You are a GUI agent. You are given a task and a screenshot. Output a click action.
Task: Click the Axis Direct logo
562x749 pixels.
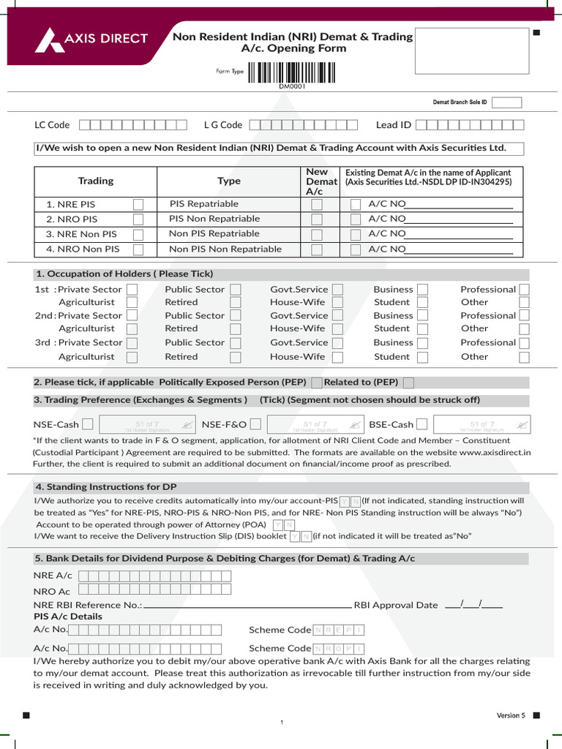(x=91, y=39)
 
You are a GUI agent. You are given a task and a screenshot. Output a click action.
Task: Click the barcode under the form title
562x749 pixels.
(x=291, y=72)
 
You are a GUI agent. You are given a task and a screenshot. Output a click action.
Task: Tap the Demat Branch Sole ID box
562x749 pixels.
(x=511, y=102)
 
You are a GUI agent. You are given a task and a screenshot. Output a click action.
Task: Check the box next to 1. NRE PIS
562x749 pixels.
(x=138, y=204)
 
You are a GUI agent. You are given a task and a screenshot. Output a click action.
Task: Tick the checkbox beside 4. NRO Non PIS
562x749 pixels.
(x=138, y=249)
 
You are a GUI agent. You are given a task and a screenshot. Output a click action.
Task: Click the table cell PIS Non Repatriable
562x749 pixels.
(x=214, y=219)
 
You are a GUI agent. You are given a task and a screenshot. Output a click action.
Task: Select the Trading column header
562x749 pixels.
(x=96, y=181)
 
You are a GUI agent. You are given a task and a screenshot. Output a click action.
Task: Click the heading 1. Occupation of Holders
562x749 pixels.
(x=124, y=274)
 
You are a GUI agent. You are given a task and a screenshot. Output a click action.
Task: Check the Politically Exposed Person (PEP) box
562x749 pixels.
(x=316, y=383)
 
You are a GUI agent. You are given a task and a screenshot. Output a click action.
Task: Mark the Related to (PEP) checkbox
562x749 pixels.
(x=408, y=383)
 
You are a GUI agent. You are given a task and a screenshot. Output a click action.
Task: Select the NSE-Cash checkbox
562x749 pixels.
(x=88, y=424)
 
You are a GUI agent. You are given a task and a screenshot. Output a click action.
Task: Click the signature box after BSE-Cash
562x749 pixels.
(x=482, y=424)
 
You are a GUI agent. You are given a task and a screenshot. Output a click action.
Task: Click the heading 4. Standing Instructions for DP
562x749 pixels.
(x=106, y=487)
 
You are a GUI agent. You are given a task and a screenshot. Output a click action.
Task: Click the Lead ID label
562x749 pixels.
(x=394, y=125)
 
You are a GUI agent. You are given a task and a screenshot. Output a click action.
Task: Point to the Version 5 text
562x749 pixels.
(x=511, y=715)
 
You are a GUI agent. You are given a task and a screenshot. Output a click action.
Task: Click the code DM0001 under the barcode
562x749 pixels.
(x=291, y=86)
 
